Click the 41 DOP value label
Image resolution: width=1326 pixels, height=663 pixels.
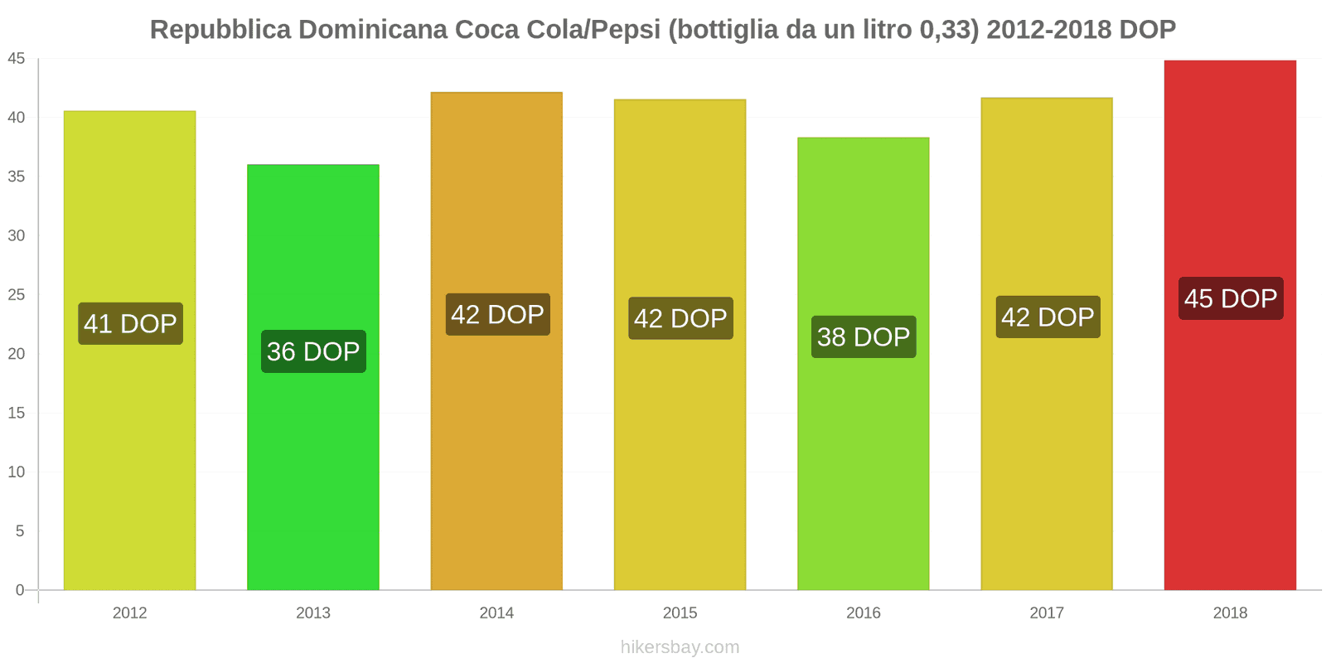point(130,323)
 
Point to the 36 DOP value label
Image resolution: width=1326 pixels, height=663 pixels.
point(313,351)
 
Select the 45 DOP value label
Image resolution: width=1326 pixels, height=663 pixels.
point(1231,298)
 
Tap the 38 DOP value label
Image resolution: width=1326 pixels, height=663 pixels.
point(863,336)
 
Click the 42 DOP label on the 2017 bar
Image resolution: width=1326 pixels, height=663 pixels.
point(1048,317)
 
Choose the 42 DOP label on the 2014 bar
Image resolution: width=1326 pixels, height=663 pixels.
point(497,314)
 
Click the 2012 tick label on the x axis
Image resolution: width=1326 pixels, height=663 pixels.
point(129,612)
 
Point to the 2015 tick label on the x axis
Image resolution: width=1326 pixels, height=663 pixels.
point(680,612)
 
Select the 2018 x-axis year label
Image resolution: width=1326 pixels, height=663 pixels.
point(1230,612)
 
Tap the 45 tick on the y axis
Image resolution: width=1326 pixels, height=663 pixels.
point(17,58)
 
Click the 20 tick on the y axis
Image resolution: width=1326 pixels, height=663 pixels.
point(17,354)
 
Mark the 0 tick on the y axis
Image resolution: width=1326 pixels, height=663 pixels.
point(20,590)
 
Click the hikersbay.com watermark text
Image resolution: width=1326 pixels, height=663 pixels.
point(680,647)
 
